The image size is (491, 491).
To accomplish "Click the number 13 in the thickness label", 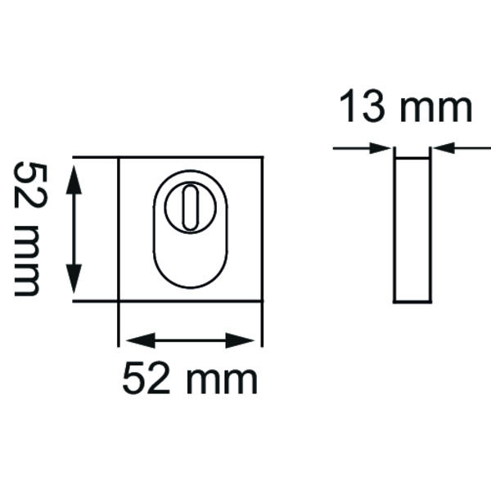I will pyautogui.click(x=363, y=108).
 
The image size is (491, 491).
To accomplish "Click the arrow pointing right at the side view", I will pyautogui.click(x=376, y=149).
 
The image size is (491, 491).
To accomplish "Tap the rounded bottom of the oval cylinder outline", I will pyautogui.click(x=191, y=282).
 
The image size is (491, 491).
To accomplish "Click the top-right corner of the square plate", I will pyautogui.click(x=263, y=158).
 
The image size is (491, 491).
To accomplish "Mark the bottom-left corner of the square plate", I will pyautogui.click(x=120, y=301).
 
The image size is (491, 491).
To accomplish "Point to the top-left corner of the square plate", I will pyautogui.click(x=120, y=158).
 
